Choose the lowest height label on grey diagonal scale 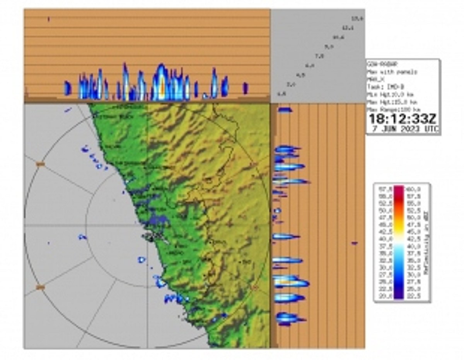coord(282,93)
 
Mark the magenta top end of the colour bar coord(399,188)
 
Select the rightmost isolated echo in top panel coord(245,88)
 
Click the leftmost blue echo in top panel coord(68,88)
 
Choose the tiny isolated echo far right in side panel coord(355,243)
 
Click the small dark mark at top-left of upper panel coord(49,19)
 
